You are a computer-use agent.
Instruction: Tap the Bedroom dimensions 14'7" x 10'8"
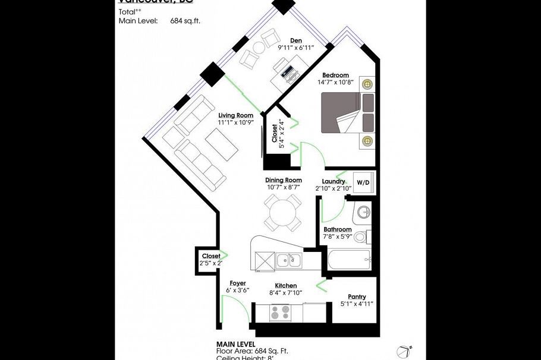pyautogui.click(x=335, y=83)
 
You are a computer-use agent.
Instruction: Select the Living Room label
pyautogui.click(x=235, y=115)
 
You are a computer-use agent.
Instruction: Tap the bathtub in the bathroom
pyautogui.click(x=348, y=260)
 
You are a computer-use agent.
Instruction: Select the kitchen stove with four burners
pyautogui.click(x=280, y=312)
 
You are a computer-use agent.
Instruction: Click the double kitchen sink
pyautogui.click(x=289, y=260)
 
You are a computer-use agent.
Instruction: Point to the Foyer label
pyautogui.click(x=238, y=283)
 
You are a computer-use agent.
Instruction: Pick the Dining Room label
pyautogui.click(x=283, y=180)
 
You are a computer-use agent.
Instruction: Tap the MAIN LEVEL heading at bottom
pyautogui.click(x=235, y=344)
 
